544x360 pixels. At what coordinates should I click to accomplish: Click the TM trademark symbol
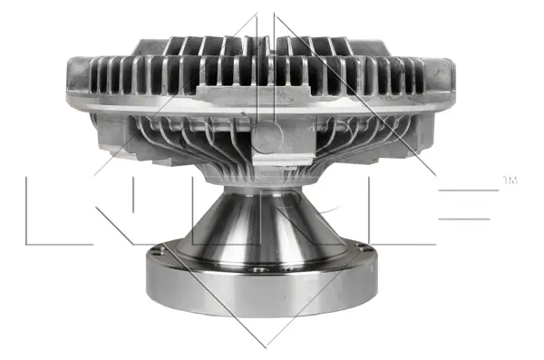[510, 181]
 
